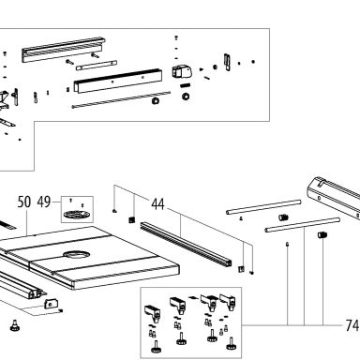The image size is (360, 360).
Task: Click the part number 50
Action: [x=24, y=202]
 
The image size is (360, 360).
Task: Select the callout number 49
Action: [x=44, y=202]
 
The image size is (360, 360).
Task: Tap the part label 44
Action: [x=157, y=204]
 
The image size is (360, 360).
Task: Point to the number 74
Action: [x=352, y=325]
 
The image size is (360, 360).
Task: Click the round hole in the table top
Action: [x=77, y=254]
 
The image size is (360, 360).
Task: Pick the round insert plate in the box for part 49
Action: [x=77, y=215]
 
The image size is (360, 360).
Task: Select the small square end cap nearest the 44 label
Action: [x=131, y=219]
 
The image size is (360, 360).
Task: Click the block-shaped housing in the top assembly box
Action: [x=182, y=72]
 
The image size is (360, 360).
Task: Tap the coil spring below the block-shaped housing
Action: [x=186, y=85]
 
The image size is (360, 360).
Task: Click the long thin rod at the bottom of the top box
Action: [x=121, y=99]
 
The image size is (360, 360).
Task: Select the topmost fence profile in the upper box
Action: [x=64, y=50]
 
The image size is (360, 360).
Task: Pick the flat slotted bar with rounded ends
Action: [x=97, y=66]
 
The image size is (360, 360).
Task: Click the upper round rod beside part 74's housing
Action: [x=263, y=207]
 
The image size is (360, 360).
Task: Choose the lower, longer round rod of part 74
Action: [x=302, y=225]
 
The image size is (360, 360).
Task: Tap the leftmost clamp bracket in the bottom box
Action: [x=153, y=313]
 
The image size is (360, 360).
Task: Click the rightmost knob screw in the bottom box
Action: [x=231, y=344]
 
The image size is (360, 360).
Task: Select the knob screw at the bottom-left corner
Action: [x=15, y=326]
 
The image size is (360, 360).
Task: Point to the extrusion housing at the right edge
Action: [x=334, y=197]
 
